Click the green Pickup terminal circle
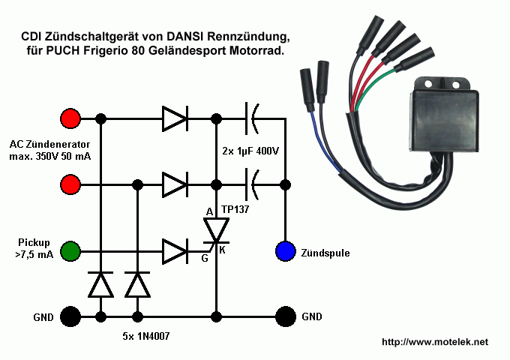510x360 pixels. click(x=70, y=251)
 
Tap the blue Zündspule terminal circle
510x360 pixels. click(x=286, y=251)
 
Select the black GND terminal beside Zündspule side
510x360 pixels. click(x=286, y=316)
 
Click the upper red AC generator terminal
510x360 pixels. click(x=70, y=118)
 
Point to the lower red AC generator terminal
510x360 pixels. click(x=70, y=184)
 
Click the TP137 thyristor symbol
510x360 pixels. click(x=216, y=231)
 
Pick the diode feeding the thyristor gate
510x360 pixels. click(x=175, y=251)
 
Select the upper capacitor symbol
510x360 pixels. click(x=252, y=118)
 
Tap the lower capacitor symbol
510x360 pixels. click(x=252, y=184)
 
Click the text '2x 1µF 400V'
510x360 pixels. click(x=250, y=151)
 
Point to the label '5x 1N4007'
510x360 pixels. click(x=146, y=336)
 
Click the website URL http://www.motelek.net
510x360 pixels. click(x=435, y=342)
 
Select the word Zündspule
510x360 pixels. click(x=325, y=253)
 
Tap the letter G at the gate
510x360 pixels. click(x=205, y=258)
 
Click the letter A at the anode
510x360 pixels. click(x=209, y=212)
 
